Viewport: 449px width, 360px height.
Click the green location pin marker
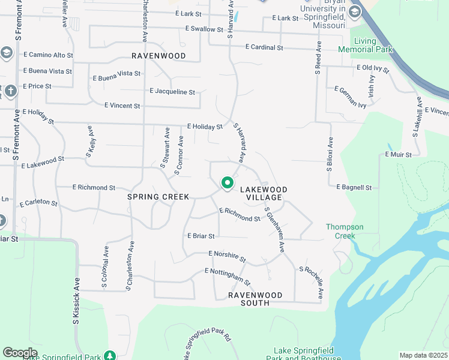tap(227, 182)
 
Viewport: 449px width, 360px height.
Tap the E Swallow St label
tap(205, 29)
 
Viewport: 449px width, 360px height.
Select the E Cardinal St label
tap(264, 47)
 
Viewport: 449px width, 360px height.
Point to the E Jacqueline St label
tap(172, 92)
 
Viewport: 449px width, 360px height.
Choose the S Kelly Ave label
tap(90, 142)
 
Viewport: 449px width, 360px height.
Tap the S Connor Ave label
tap(179, 155)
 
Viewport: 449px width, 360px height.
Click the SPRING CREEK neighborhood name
tap(158, 197)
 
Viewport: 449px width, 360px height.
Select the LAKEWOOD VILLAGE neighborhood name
tap(264, 193)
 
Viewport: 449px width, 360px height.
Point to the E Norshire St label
tap(228, 256)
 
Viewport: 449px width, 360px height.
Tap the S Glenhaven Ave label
tap(274, 229)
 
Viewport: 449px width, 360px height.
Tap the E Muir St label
tap(399, 155)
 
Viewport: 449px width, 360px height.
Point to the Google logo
tap(20, 353)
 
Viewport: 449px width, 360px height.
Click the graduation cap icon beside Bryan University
tap(355, 12)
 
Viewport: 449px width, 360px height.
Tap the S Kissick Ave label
tap(76, 301)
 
